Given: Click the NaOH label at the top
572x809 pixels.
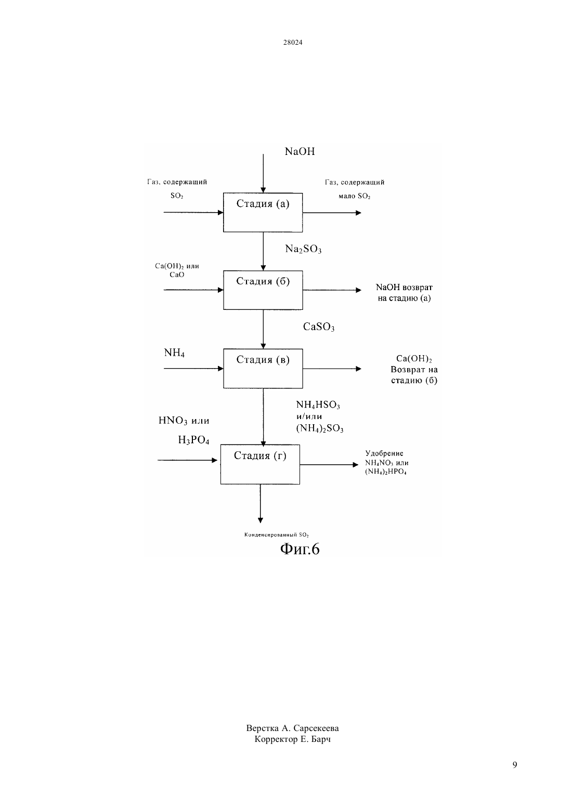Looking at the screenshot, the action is tap(300, 151).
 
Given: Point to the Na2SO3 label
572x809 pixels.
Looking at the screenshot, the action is tap(303, 249).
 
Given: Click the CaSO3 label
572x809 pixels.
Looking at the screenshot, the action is tap(318, 327).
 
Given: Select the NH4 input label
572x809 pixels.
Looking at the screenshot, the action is tap(174, 353).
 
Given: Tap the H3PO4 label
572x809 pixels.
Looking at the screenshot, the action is tap(193, 440).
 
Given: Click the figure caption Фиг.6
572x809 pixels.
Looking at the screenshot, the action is tap(300, 549).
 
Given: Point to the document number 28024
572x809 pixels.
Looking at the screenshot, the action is tap(292, 42).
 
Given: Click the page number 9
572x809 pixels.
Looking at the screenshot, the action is tap(515, 765).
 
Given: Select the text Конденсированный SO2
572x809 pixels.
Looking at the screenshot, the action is tap(277, 535).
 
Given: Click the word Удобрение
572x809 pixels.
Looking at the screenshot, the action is tap(384, 453).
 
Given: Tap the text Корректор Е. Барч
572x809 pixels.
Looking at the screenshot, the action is tap(292, 739).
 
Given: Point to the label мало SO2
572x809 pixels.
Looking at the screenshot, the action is tap(354, 196).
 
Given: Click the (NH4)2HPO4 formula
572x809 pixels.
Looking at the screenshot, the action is tap(386, 472).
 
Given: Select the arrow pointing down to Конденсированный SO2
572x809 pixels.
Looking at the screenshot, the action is tap(261, 503).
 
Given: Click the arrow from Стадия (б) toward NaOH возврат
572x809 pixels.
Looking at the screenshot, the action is tap(332, 290).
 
